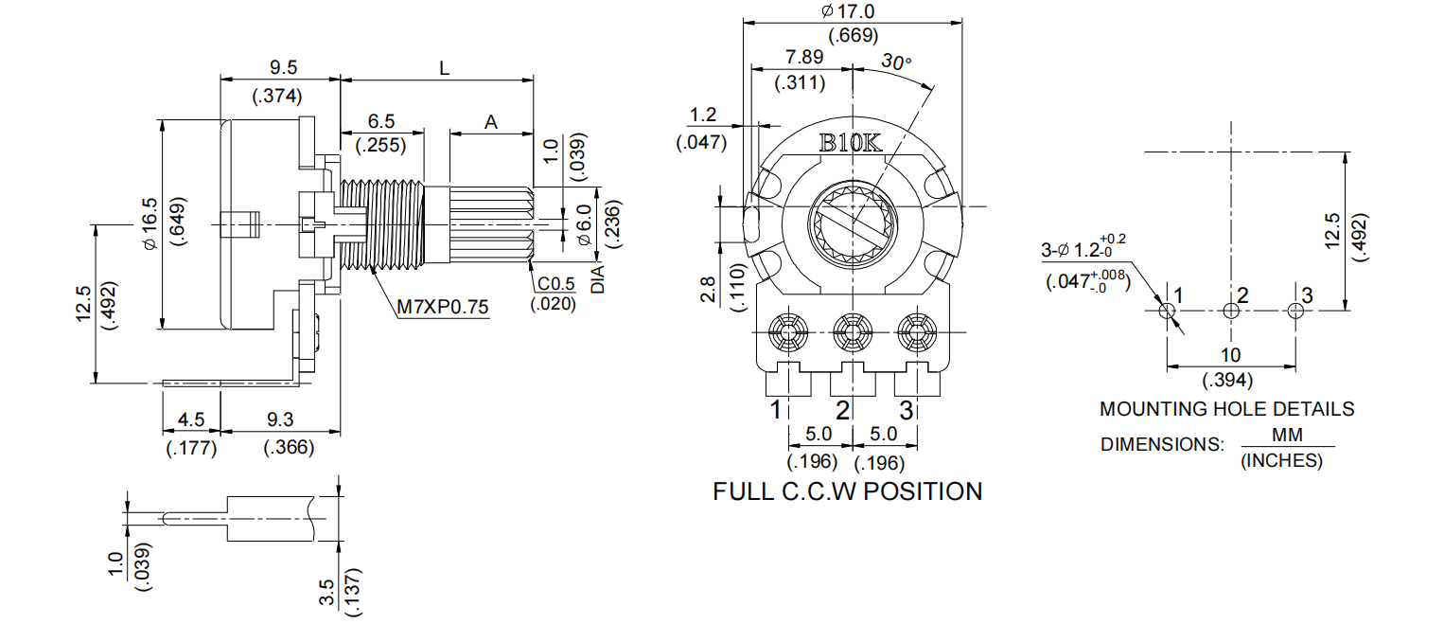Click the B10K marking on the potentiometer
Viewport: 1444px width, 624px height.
(x=850, y=144)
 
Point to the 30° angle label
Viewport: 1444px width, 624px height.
(x=896, y=62)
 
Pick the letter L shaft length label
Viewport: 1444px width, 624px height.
(x=443, y=68)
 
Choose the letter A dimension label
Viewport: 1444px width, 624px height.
(x=490, y=122)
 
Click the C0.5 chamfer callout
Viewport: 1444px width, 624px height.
(x=556, y=285)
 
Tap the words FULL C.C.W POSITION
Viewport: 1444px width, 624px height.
(x=847, y=491)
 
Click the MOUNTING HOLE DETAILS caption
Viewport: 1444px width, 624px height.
(x=1226, y=409)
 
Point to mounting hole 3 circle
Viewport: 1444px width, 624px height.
(x=1295, y=310)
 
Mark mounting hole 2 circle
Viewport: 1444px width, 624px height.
(x=1230, y=310)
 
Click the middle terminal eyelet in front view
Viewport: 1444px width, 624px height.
(x=849, y=332)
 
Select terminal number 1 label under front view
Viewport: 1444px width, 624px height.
(x=776, y=410)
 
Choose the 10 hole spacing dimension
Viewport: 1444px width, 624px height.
(x=1230, y=356)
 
